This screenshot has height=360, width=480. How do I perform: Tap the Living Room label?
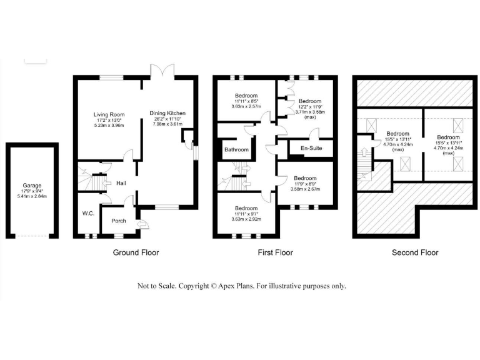pyautogui.click(x=109, y=114)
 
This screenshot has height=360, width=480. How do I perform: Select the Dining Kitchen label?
pyautogui.click(x=167, y=113)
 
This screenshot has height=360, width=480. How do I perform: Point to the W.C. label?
pyautogui.click(x=87, y=214)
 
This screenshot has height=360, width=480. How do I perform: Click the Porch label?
pyautogui.click(x=118, y=221)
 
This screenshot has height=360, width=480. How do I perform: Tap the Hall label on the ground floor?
pyautogui.click(x=121, y=183)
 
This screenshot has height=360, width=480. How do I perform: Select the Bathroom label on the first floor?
pyautogui.click(x=237, y=150)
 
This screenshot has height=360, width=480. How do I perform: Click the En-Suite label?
pyautogui.click(x=311, y=149)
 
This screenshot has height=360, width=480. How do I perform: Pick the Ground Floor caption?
pyautogui.click(x=136, y=252)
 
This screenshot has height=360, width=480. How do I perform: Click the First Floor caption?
pyautogui.click(x=275, y=252)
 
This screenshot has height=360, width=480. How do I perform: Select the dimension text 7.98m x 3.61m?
pyautogui.click(x=167, y=124)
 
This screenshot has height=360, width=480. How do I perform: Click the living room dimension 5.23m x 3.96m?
pyautogui.click(x=109, y=126)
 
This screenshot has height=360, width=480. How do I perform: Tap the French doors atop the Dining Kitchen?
pyautogui.click(x=155, y=72)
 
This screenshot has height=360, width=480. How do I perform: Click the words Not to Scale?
pyautogui.click(x=157, y=286)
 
